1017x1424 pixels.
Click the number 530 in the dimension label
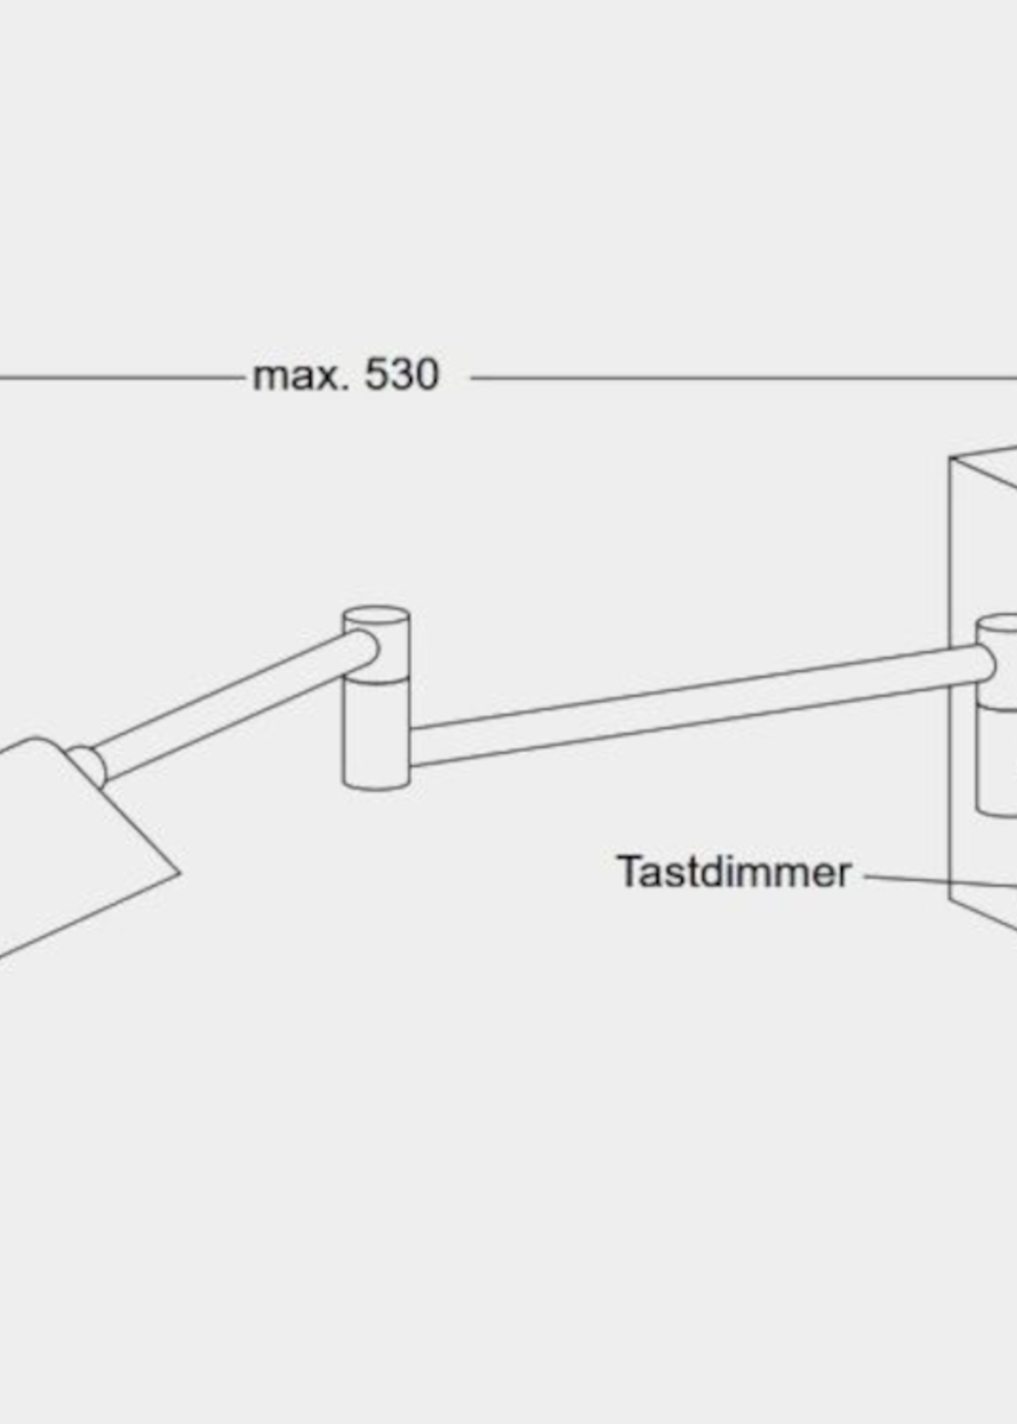401,376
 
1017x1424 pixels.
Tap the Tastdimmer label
733,872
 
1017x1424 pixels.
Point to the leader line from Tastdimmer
939,882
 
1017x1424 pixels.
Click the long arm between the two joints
689,707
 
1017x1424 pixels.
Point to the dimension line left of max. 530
119,377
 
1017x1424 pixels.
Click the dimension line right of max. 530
739,377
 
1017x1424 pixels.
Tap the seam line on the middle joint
376,682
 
